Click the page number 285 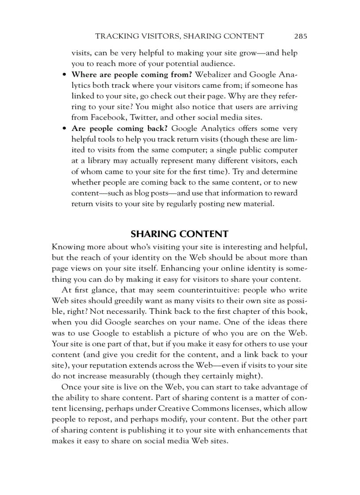300,36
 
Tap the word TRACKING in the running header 114,36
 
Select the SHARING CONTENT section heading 179,234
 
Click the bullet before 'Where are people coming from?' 64,74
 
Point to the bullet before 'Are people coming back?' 64,129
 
